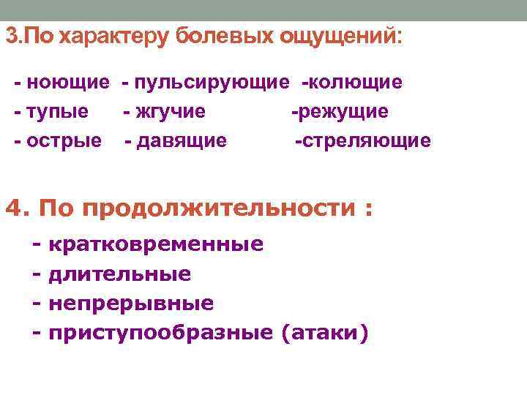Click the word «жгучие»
click(169, 111)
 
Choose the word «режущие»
click(343, 111)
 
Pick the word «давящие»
click(181, 140)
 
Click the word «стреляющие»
click(365, 140)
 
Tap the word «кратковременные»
click(156, 244)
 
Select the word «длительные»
click(120, 274)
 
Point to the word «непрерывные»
click(131, 303)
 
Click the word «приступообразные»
click(160, 333)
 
